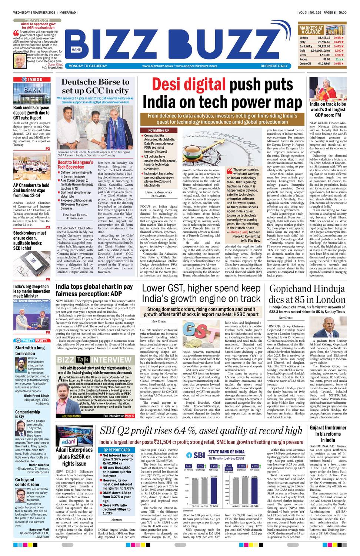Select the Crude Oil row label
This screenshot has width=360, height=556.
[x=305, y=63]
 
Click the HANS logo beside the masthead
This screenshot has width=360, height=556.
[x=76, y=49]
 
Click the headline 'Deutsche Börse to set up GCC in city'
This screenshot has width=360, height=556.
[x=95, y=86]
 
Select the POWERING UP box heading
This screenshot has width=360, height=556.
[x=159, y=130]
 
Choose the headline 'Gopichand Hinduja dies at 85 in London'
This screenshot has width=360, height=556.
[x=307, y=294]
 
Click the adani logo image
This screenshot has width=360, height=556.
[x=69, y=442]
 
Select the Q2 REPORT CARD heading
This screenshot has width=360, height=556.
[x=116, y=450]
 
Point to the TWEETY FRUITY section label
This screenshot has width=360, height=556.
[x=32, y=340]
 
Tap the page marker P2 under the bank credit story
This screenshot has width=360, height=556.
[x=47, y=149]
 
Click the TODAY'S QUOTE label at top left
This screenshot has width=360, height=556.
[x=37, y=20]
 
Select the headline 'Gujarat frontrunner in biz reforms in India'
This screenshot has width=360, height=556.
[x=328, y=434]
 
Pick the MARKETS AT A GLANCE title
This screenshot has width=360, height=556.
[x=311, y=30]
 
